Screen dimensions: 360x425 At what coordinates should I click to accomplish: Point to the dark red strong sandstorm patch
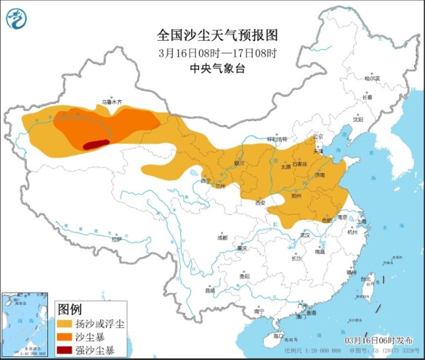(97, 144)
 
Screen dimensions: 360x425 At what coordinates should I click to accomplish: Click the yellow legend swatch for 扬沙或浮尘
(65, 323)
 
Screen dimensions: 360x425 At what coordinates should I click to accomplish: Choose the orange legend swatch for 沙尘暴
(65, 336)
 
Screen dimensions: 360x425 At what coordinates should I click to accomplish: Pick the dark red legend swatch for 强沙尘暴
(65, 350)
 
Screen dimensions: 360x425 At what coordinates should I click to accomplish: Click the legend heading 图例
(69, 309)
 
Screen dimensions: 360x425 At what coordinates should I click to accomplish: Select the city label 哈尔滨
(372, 78)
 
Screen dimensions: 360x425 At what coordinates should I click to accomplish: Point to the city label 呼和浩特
(278, 139)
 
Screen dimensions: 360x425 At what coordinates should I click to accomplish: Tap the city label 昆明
(210, 290)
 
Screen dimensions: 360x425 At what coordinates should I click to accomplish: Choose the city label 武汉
(305, 235)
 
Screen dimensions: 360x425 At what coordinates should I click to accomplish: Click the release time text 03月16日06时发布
(379, 339)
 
